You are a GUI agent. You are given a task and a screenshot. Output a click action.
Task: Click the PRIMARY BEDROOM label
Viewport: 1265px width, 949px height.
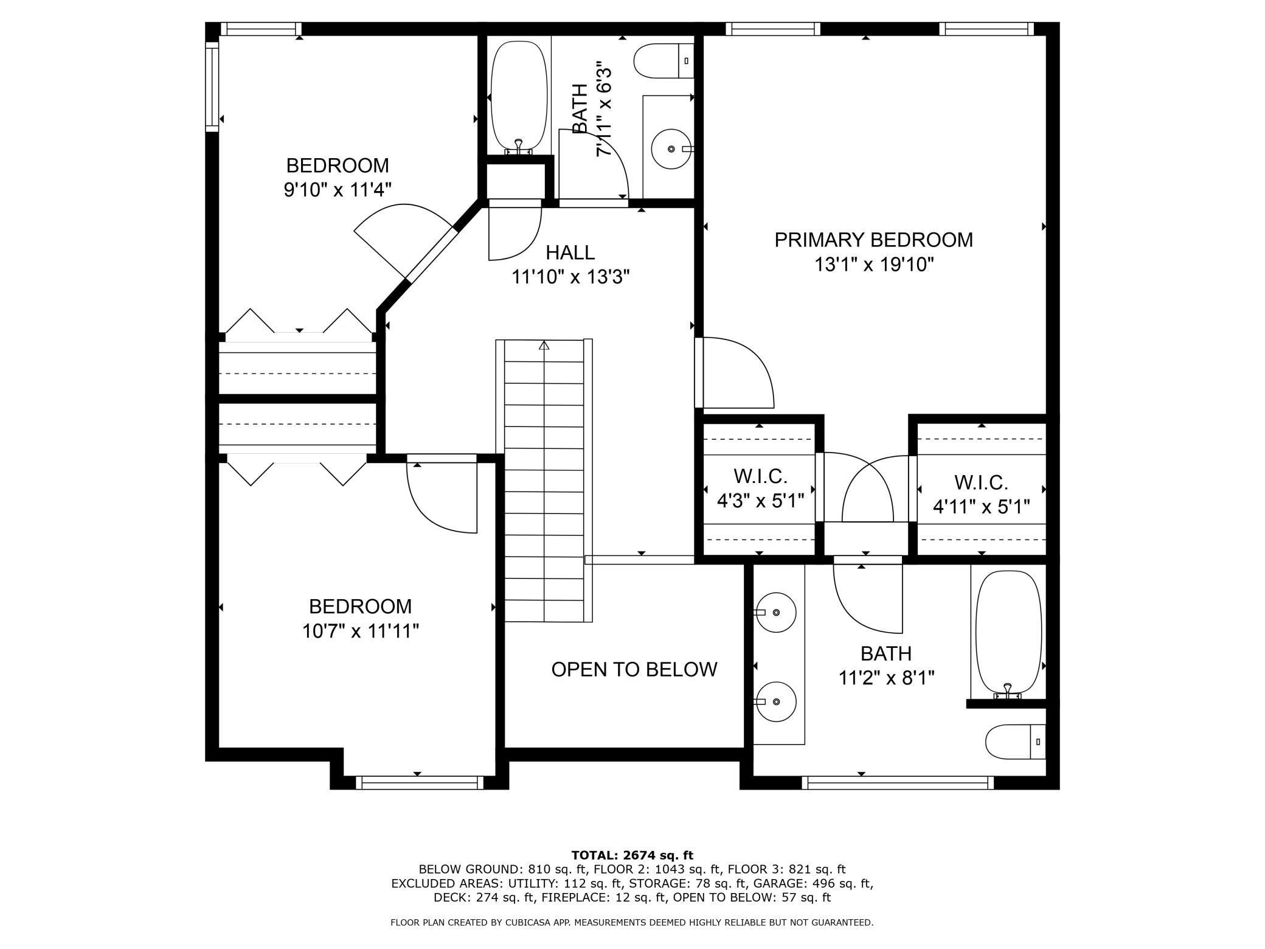(873, 240)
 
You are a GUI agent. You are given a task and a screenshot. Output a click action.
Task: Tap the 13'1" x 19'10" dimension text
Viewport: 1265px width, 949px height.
(873, 265)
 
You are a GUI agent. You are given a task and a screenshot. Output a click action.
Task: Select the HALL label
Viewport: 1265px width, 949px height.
(570, 252)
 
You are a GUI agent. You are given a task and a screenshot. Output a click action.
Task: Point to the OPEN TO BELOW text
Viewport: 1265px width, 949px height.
(634, 669)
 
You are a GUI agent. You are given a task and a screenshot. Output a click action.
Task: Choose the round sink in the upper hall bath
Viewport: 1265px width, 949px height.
(671, 149)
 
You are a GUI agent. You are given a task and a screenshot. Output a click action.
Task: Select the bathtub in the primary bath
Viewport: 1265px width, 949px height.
(1008, 633)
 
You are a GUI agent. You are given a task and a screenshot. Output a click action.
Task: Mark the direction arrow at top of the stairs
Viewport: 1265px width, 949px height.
(544, 346)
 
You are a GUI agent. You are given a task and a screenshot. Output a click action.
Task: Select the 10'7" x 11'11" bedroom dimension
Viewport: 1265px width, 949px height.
(361, 631)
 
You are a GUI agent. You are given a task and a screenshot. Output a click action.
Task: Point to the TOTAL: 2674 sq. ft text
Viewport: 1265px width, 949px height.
(632, 855)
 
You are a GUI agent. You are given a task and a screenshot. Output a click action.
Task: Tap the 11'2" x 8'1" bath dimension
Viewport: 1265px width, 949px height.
(886, 678)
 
